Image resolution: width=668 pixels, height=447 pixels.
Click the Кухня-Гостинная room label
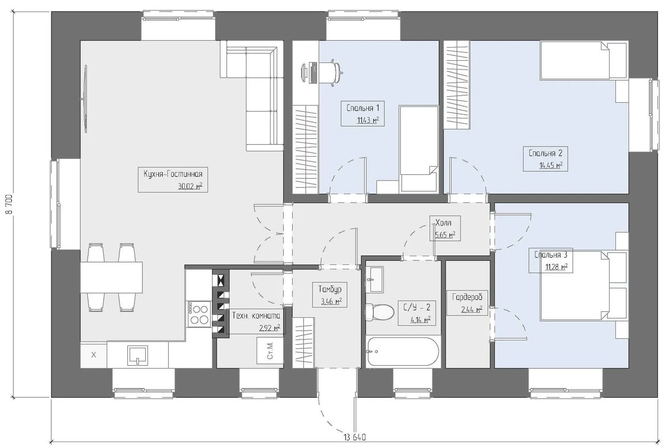pyautogui.click(x=173, y=174)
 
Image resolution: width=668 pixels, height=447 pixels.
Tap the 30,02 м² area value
pyautogui.click(x=190, y=186)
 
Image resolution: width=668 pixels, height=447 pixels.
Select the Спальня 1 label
pyautogui.click(x=363, y=108)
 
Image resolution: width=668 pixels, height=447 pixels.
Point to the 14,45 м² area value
pyautogui.click(x=551, y=165)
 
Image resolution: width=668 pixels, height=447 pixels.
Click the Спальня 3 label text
pyautogui.click(x=551, y=255)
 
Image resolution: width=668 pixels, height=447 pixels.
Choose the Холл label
pyautogui.click(x=444, y=223)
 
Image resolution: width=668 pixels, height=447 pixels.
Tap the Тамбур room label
pyautogui.click(x=330, y=289)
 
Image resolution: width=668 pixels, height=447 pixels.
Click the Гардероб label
pyautogui.click(x=467, y=297)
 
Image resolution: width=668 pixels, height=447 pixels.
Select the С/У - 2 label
pyautogui.click(x=417, y=308)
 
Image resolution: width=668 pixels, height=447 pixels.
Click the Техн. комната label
pyautogui.click(x=256, y=316)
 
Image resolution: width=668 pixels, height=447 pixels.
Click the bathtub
pyautogui.click(x=403, y=352)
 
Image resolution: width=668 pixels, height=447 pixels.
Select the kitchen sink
pyautogui.click(x=137, y=355)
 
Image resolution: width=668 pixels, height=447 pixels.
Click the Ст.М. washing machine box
pyautogui.click(x=270, y=351)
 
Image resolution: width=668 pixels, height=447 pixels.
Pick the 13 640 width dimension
pyautogui.click(x=354, y=437)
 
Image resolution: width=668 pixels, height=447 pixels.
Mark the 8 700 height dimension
pyautogui.click(x=9, y=204)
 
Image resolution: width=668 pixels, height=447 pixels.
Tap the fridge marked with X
pyautogui.click(x=94, y=355)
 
